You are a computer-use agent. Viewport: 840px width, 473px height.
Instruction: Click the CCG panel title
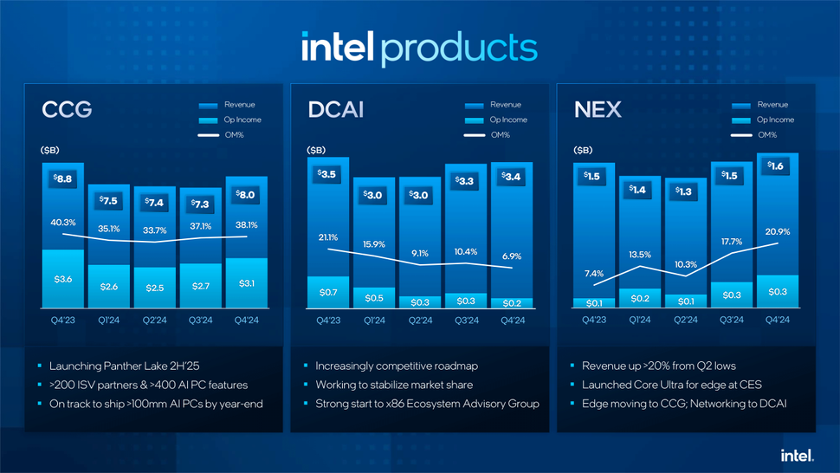(x=67, y=110)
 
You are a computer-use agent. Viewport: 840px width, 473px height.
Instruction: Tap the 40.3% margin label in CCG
(x=63, y=223)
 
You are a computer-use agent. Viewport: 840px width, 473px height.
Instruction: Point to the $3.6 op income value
(x=63, y=279)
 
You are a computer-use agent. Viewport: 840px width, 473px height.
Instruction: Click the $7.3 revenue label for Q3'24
(x=201, y=204)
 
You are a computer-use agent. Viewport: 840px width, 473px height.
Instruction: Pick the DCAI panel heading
(x=335, y=110)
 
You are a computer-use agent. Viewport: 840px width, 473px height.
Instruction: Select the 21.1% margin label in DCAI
(x=329, y=237)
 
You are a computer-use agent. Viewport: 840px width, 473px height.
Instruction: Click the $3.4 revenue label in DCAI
(x=512, y=178)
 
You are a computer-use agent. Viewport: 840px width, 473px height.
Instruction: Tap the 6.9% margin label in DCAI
(x=512, y=256)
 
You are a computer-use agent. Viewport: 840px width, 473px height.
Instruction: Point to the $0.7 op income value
(x=329, y=293)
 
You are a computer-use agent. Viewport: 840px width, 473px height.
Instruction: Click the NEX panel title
(x=594, y=110)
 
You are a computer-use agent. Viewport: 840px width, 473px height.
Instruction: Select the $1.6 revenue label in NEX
(x=777, y=166)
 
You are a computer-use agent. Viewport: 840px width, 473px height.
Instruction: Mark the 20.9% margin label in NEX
(x=777, y=232)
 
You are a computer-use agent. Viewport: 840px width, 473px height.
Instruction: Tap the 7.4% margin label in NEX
(x=594, y=274)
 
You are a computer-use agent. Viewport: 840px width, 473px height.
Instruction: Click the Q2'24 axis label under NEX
(x=686, y=319)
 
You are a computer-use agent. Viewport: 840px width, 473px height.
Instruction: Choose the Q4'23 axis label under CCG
(x=63, y=319)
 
